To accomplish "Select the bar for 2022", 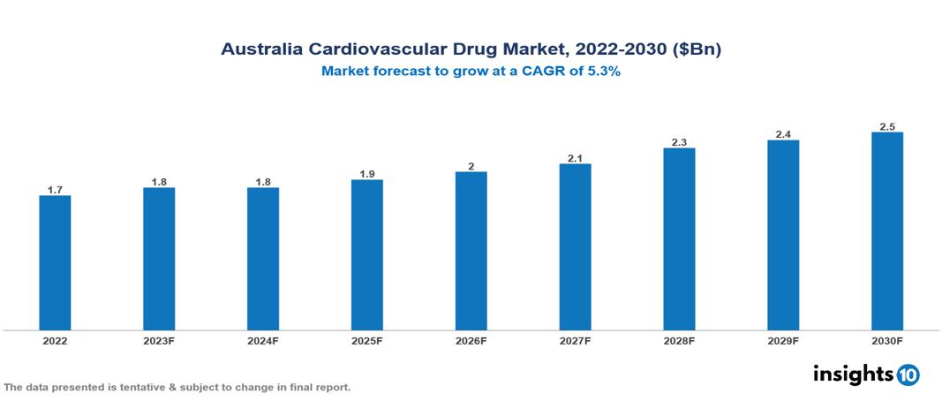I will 55,262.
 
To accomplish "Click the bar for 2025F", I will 366,254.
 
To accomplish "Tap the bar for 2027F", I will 575,246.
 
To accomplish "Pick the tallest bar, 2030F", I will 886,231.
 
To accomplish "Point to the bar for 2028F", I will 679,238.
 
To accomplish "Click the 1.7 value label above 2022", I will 55,190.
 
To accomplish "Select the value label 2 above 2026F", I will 471,166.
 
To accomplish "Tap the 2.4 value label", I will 783,134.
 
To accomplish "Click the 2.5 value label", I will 886,126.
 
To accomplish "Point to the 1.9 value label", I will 366,174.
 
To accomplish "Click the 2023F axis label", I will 159,340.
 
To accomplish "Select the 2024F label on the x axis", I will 263,340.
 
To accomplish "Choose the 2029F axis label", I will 783,340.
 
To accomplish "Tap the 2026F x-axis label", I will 471,340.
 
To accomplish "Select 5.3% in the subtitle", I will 604,72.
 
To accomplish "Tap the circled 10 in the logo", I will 908,375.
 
